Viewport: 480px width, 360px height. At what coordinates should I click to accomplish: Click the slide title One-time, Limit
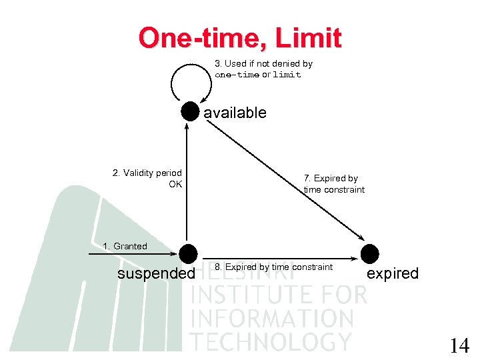point(240,38)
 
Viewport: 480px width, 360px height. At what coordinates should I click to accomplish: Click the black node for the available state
point(191,112)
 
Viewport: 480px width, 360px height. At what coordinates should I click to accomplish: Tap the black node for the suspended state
point(188,254)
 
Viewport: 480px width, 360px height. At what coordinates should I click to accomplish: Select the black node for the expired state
point(369,254)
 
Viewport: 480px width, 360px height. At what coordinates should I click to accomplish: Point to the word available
point(235,113)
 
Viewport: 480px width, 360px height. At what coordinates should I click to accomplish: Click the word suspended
point(156,274)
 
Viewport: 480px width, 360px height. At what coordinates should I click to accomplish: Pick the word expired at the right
point(393,273)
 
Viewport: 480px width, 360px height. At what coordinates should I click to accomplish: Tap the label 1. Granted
point(125,246)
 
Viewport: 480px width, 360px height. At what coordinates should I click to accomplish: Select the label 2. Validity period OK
point(147,178)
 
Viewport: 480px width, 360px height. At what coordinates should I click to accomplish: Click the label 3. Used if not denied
point(263,64)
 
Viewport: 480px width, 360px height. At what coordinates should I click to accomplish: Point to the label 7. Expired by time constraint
point(334,184)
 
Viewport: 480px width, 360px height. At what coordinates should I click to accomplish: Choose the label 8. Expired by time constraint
point(273,267)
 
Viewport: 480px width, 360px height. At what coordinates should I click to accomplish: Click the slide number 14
point(459,345)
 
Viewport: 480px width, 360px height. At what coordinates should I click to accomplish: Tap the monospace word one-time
point(237,75)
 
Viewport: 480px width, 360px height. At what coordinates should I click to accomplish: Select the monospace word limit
point(287,75)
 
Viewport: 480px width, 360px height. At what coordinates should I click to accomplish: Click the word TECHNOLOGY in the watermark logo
point(271,341)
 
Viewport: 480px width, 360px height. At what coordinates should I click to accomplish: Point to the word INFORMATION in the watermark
point(272,318)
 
